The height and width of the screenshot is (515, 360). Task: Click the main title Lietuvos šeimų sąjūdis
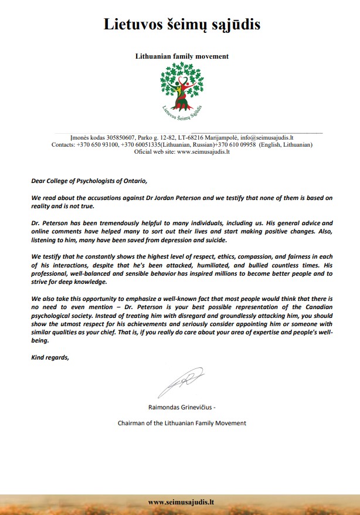click(x=182, y=24)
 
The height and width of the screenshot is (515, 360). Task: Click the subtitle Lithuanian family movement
click(x=182, y=56)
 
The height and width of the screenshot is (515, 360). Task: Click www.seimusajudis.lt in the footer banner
click(x=181, y=503)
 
